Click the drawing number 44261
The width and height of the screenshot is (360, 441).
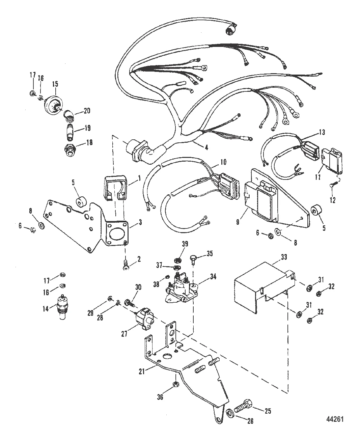[x=335, y=418]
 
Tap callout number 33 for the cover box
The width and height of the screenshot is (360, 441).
[x=284, y=257]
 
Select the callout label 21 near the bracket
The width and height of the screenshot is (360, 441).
[x=142, y=371]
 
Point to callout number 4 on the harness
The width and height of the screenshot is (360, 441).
[x=206, y=148]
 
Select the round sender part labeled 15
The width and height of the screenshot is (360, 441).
[x=54, y=105]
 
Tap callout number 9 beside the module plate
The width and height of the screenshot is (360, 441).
[x=238, y=222]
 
